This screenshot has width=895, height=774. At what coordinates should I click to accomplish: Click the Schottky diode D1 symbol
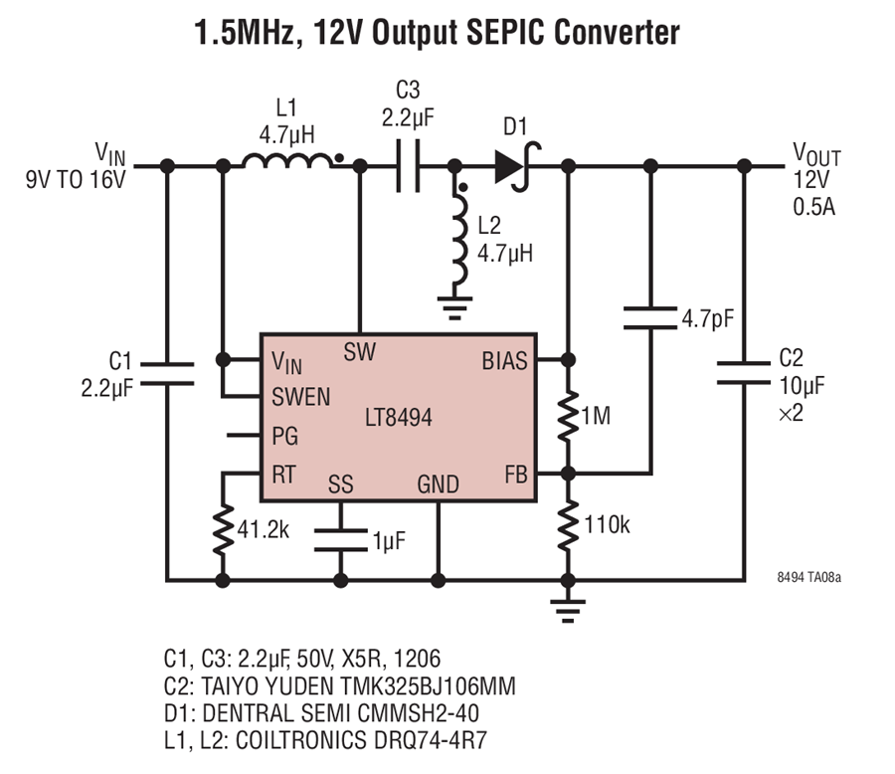click(515, 166)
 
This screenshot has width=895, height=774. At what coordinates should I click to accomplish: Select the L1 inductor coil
click(286, 160)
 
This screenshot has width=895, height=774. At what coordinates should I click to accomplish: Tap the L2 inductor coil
click(458, 239)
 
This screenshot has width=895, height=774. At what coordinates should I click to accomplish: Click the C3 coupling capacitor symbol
click(408, 166)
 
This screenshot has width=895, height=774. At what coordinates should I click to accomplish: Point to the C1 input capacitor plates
click(167, 374)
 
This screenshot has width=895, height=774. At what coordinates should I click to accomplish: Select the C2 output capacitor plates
click(744, 372)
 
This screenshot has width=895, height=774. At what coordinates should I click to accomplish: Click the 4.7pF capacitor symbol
click(650, 317)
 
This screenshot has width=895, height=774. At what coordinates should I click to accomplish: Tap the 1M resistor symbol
click(568, 416)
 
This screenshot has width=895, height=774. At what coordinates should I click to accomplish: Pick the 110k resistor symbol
click(568, 525)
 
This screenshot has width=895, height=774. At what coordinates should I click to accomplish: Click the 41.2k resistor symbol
click(223, 530)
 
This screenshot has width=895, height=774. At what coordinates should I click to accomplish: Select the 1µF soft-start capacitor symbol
click(341, 540)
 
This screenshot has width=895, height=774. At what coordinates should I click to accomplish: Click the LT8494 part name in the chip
click(399, 418)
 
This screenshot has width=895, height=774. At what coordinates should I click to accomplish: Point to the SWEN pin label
click(300, 397)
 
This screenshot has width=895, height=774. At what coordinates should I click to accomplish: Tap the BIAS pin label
click(504, 361)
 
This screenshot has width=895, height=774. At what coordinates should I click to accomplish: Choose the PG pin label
click(284, 436)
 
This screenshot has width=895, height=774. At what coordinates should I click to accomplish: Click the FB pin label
click(516, 475)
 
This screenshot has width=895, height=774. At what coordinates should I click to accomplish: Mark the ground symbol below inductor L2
click(454, 307)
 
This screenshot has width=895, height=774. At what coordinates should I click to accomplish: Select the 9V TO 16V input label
click(76, 179)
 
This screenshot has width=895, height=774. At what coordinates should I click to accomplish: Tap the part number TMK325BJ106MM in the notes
click(428, 686)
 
